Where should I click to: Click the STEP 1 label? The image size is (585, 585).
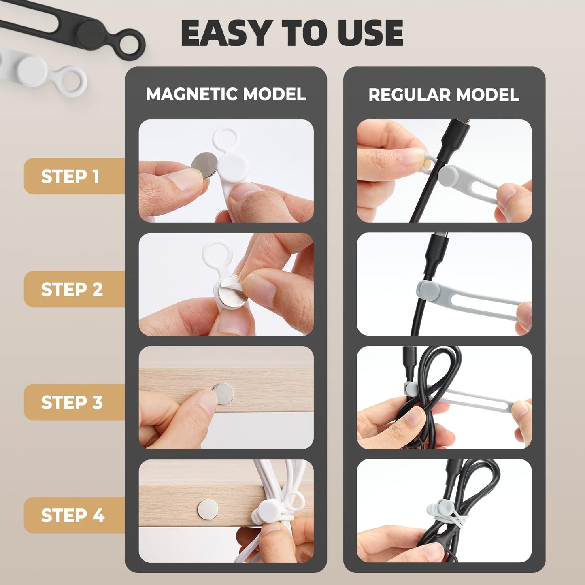(x=70, y=177)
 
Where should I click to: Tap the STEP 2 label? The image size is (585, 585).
(x=72, y=289)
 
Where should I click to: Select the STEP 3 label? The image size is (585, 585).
(x=72, y=402)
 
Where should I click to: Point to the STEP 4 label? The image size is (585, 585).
(x=72, y=515)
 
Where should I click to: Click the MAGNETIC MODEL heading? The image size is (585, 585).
(x=226, y=94)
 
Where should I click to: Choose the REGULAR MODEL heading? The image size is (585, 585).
(x=444, y=95)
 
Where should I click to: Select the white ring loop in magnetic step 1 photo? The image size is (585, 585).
(x=226, y=140)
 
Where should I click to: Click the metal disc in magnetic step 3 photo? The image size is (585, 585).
(x=223, y=394)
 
